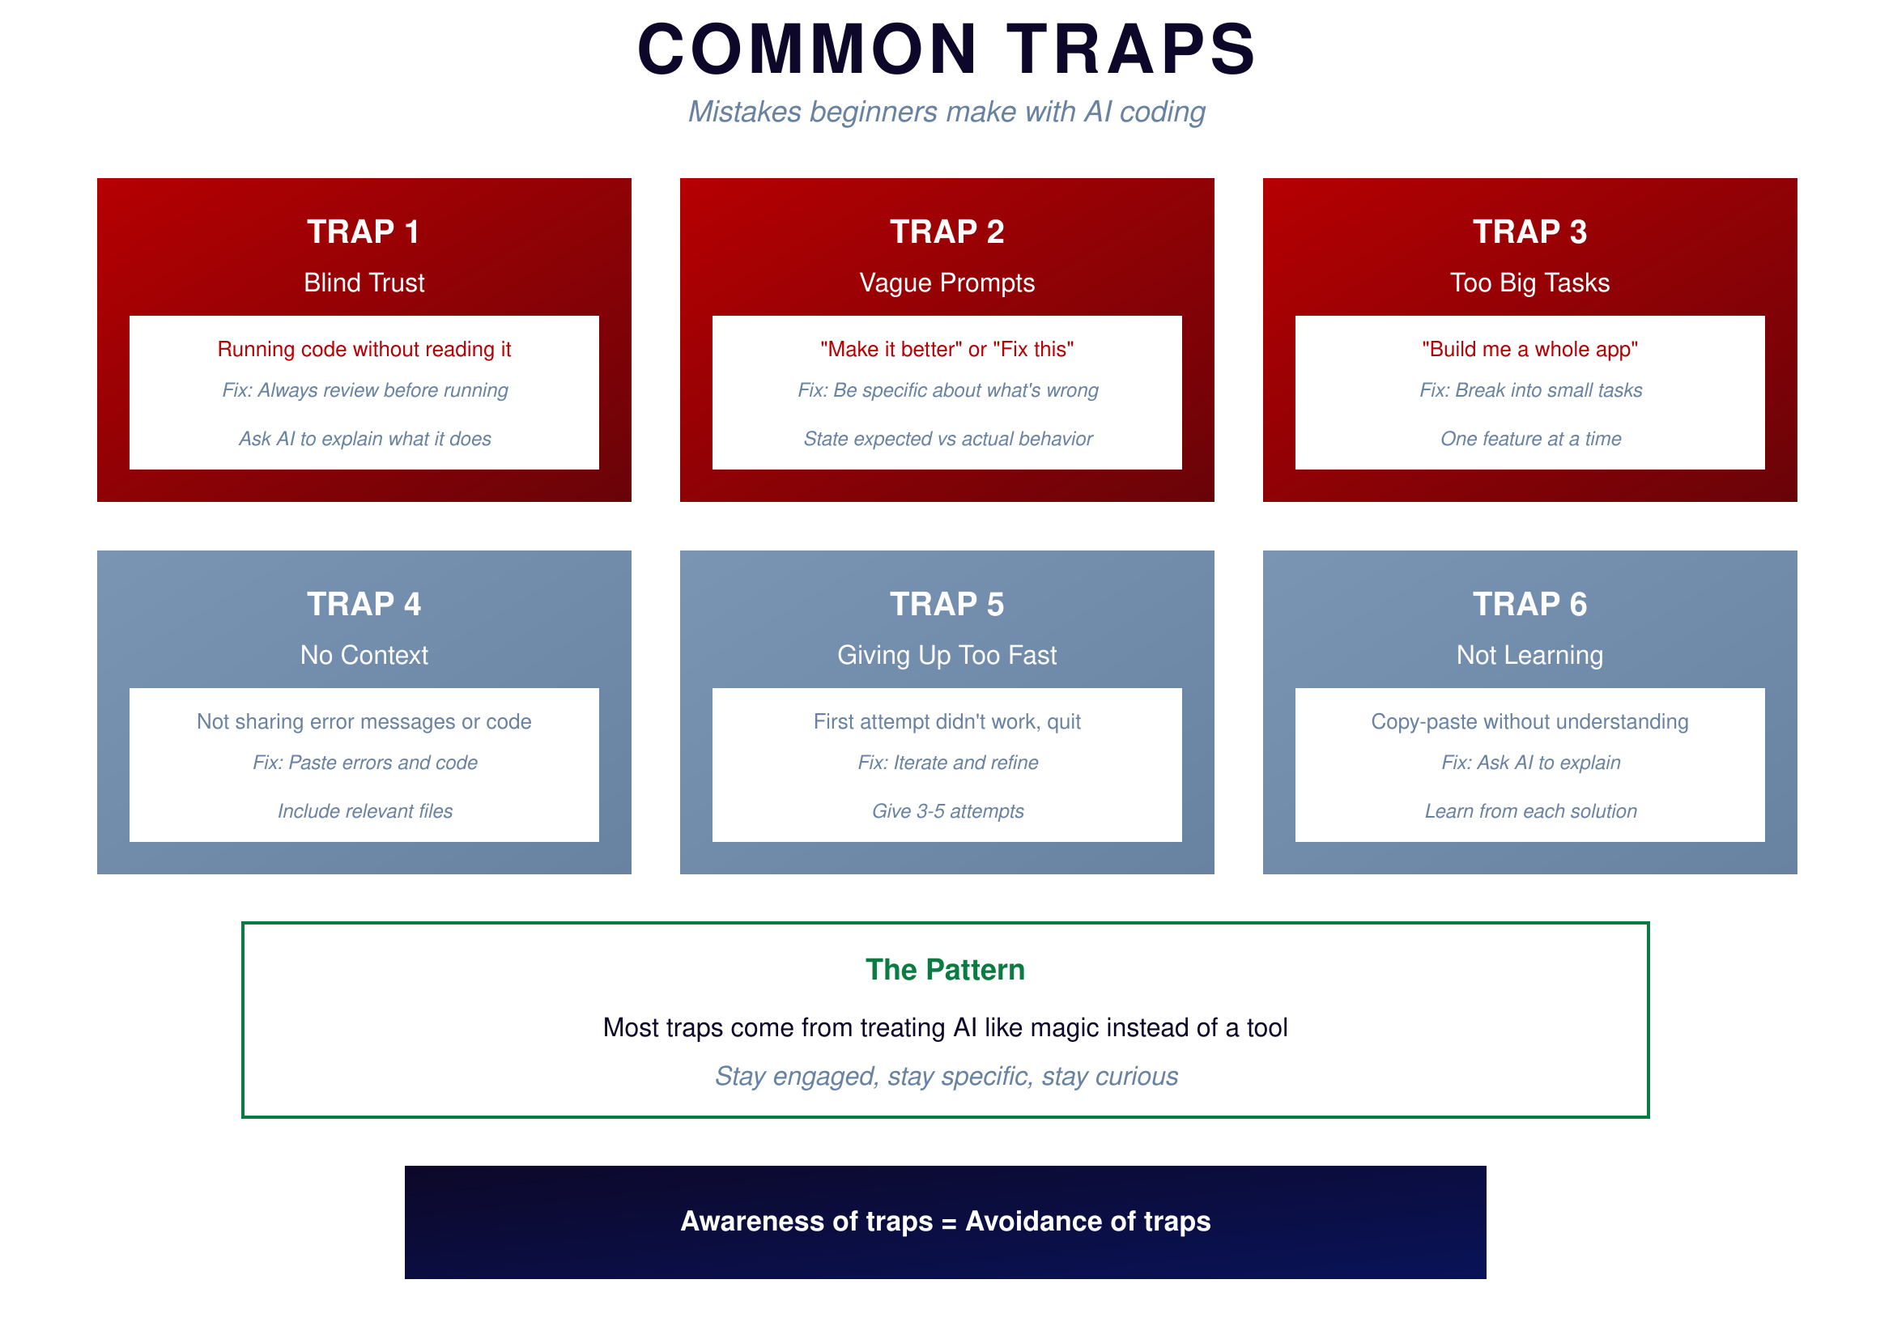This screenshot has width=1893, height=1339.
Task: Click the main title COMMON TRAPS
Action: click(946, 49)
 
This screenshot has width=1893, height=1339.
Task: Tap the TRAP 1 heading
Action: click(364, 232)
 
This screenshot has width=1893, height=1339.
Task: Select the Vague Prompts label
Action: click(946, 283)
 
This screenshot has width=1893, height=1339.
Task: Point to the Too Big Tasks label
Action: click(1529, 283)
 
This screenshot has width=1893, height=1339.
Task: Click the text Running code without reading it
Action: click(364, 349)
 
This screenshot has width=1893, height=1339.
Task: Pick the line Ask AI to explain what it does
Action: click(364, 439)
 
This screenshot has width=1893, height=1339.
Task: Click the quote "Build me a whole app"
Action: click(1529, 349)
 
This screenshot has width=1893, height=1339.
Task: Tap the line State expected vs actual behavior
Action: click(947, 439)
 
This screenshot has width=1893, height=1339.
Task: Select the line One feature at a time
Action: click(1530, 439)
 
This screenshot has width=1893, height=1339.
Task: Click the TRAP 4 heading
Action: click(364, 605)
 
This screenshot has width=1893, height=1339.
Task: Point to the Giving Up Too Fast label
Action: click(946, 656)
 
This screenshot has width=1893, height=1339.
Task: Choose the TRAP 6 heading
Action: click(1529, 605)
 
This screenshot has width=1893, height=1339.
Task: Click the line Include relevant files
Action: click(364, 811)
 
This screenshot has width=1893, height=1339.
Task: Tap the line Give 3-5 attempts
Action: click(947, 811)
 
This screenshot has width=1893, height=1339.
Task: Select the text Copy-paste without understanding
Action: click(1529, 721)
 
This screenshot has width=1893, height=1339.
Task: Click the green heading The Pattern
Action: click(945, 970)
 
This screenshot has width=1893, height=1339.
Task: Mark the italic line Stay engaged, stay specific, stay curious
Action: click(946, 1077)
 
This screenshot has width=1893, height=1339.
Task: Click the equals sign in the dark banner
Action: click(948, 1222)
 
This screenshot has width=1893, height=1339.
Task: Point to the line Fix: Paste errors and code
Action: click(364, 763)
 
